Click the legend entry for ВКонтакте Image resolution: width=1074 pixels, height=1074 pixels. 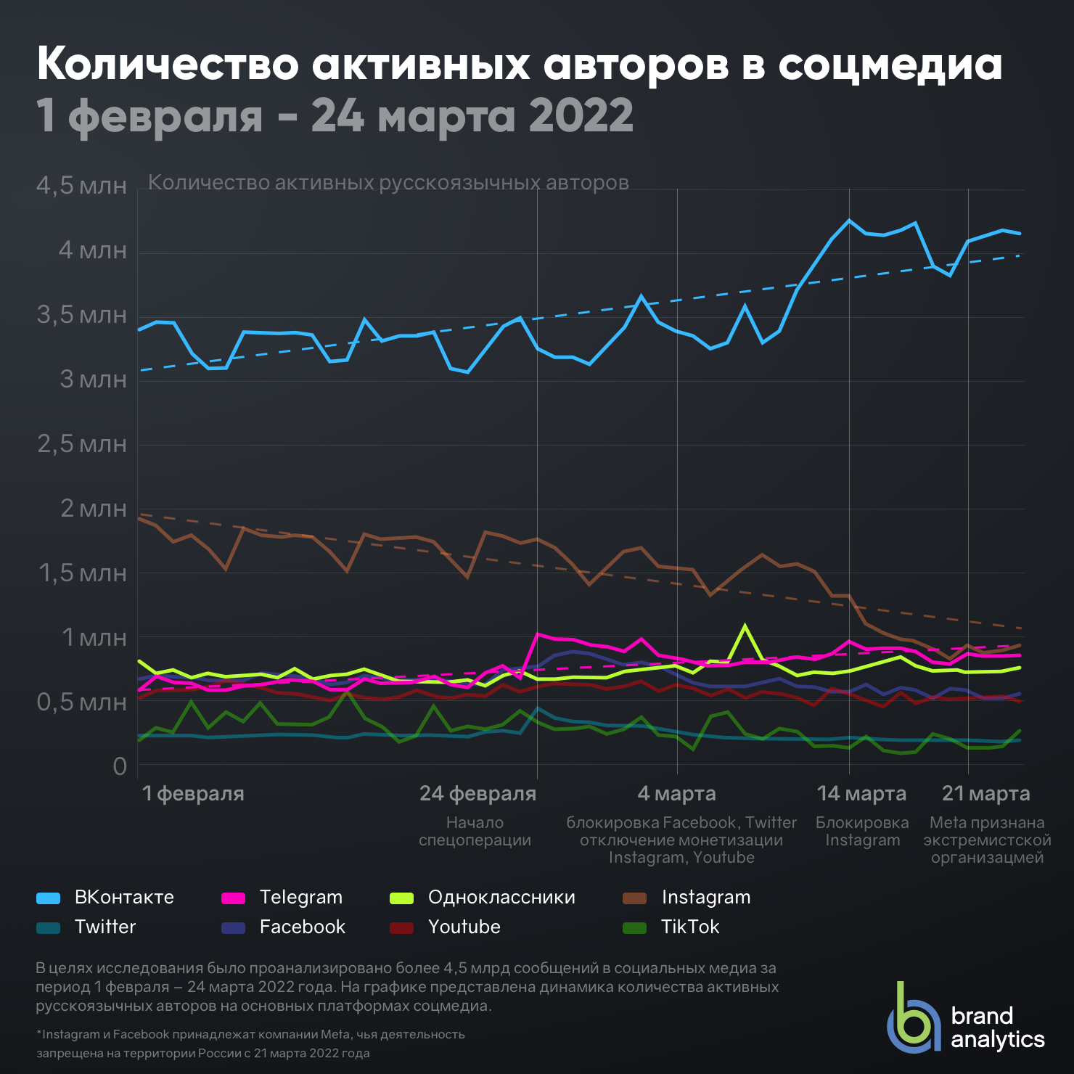[105, 898]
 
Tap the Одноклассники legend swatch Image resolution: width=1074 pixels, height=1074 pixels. [401, 898]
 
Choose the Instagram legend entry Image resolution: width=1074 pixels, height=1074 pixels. [686, 898]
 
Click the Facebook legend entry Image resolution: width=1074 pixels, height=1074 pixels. [283, 927]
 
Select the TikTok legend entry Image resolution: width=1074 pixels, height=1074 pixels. [671, 927]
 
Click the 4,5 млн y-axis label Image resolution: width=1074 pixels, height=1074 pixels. [81, 186]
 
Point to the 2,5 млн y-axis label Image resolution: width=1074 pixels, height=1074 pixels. [82, 444]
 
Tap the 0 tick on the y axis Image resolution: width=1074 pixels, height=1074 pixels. [120, 767]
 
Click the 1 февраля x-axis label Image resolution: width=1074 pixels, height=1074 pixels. [193, 794]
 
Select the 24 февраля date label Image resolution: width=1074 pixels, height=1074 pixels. [477, 794]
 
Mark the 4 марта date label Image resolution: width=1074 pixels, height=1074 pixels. [676, 794]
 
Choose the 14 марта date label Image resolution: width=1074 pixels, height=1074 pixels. [861, 794]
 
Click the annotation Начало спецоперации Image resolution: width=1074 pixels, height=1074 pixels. [475, 832]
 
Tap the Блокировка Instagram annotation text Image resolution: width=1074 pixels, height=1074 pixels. [862, 832]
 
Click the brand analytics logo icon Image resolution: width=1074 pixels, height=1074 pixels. [914, 1018]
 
